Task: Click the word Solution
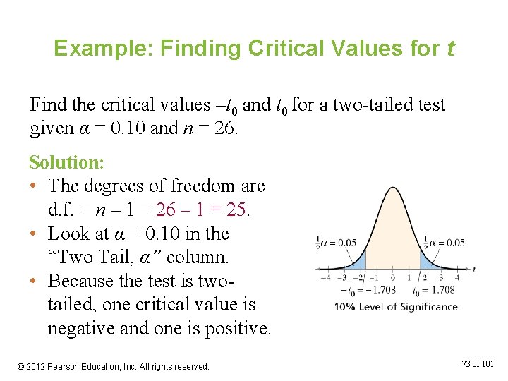pyautogui.click(x=66, y=162)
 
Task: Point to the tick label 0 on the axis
pyautogui.click(x=394, y=277)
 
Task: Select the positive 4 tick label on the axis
pyautogui.click(x=457, y=277)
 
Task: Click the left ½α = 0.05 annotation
pyautogui.click(x=335, y=243)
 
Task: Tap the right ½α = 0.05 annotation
pyautogui.click(x=445, y=243)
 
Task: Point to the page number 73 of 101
pyautogui.click(x=477, y=364)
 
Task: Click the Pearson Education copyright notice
pyautogui.click(x=113, y=366)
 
